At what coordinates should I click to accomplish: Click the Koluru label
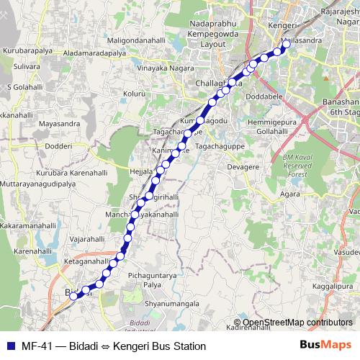click(135, 94)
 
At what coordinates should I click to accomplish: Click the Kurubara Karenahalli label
click(71, 173)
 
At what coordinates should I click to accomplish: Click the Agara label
click(291, 194)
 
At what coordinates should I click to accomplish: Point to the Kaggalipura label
click(336, 287)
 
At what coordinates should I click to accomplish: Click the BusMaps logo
click(325, 346)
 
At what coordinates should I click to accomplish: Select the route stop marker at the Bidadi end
click(73, 295)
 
